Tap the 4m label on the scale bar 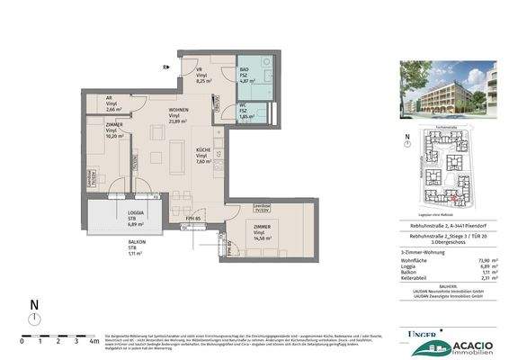coord(94,342)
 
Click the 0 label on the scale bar coord(24,342)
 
